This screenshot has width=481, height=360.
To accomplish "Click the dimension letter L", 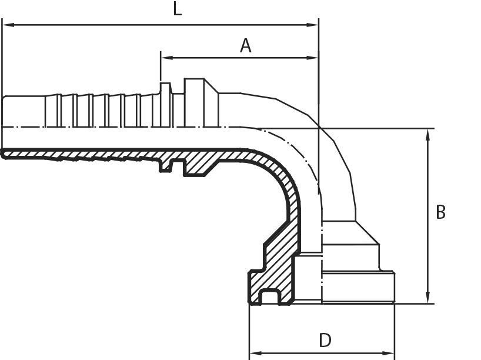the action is pos(178,9).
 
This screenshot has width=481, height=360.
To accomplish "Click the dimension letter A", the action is pos(245,46).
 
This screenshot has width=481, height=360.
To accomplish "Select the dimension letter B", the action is pos(440,212).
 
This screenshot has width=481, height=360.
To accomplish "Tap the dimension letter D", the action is pos(325,340).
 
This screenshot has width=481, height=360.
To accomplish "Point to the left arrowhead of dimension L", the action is pos(8,25).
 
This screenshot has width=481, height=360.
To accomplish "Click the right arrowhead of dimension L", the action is pos(313,25).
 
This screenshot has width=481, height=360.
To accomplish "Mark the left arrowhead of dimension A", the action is pos(166,58).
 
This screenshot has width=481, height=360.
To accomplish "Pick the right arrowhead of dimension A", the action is pos(313,58).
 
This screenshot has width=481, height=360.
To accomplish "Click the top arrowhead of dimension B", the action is pos(428,135).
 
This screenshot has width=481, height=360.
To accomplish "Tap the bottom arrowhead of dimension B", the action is pos(428,298).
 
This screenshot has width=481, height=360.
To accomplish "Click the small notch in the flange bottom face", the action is pos(270,297).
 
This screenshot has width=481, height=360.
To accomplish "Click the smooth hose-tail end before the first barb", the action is pos(24,111).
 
